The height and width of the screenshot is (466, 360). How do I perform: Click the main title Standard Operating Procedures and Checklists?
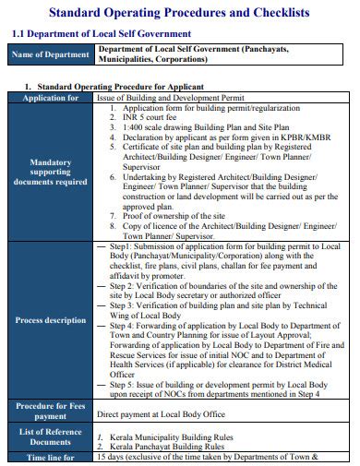[179, 13]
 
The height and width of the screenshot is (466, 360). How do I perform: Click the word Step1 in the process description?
[121, 247]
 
